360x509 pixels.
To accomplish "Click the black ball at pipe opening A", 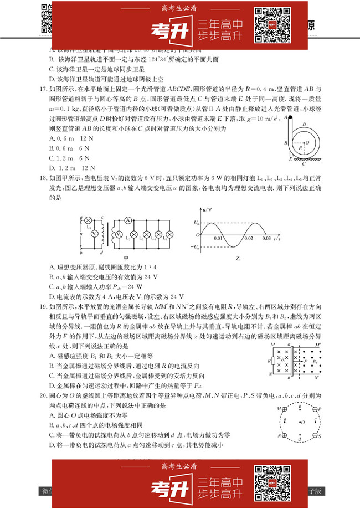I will [x=290, y=117].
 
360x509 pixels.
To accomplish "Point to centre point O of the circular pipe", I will [x=305, y=142].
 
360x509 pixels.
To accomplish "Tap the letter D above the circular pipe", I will [x=304, y=125].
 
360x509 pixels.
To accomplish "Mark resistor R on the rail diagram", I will [x=272, y=362].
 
